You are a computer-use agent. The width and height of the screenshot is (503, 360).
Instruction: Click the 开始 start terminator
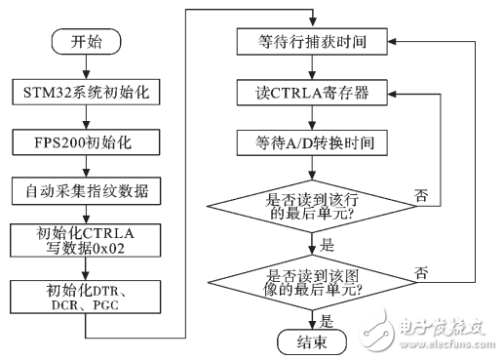pos(86,43)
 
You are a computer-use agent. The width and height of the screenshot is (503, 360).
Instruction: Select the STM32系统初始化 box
pos(86,94)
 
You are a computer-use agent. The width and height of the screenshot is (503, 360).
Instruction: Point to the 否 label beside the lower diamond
pos(420,272)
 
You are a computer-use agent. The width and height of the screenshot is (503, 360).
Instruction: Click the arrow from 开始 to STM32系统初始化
pos(86,67)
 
